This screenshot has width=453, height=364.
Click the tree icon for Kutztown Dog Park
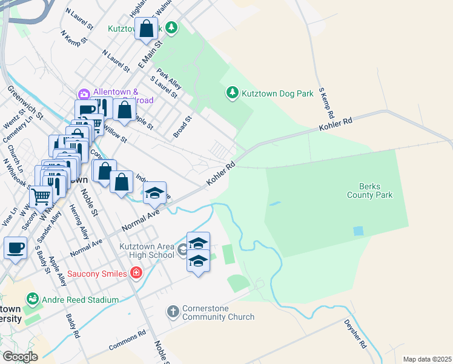tap(231, 93)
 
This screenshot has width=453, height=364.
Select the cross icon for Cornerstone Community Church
tap(173, 312)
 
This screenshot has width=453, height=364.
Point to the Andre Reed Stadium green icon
tap(32, 299)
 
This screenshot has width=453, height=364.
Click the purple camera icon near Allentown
tap(84, 93)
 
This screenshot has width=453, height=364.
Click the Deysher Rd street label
tap(356, 334)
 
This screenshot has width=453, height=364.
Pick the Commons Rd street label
tap(128, 340)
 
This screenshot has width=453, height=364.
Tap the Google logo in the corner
tap(20, 357)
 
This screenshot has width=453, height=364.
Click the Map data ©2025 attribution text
tap(426, 359)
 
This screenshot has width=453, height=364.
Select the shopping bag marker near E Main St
tap(147, 28)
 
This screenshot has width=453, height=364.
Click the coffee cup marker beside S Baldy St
tap(16, 248)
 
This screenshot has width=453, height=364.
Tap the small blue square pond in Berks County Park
tap(359, 231)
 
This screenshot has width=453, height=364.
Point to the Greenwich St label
tap(25, 101)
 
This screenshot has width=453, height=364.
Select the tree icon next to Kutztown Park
tap(172, 28)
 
